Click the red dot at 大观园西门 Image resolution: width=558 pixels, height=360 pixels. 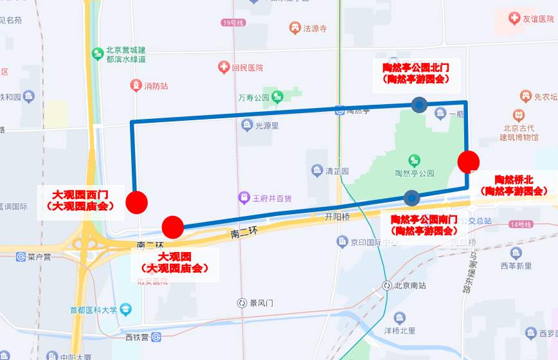[136, 202]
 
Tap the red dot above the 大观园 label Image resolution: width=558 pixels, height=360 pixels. [173, 226]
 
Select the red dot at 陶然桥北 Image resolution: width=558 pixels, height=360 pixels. [468, 161]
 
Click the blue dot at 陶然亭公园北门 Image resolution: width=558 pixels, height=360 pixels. [420, 105]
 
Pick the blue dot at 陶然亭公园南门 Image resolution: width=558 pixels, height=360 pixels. [411, 197]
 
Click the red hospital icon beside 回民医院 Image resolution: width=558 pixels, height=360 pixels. [224, 67]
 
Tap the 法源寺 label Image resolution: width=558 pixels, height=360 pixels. [315, 28]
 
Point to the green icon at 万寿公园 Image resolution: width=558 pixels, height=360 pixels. [277, 98]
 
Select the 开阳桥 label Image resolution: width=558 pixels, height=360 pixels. [337, 217]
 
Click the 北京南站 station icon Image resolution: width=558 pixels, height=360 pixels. [387, 285]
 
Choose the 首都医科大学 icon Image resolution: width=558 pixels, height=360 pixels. [125, 310]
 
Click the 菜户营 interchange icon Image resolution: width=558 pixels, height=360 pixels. [21, 256]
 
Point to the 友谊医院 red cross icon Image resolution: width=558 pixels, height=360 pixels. [514, 19]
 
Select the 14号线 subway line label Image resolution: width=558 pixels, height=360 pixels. [520, 224]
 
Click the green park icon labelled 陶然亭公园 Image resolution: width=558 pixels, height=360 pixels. [415, 160]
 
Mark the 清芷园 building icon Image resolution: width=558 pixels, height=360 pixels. [317, 171]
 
